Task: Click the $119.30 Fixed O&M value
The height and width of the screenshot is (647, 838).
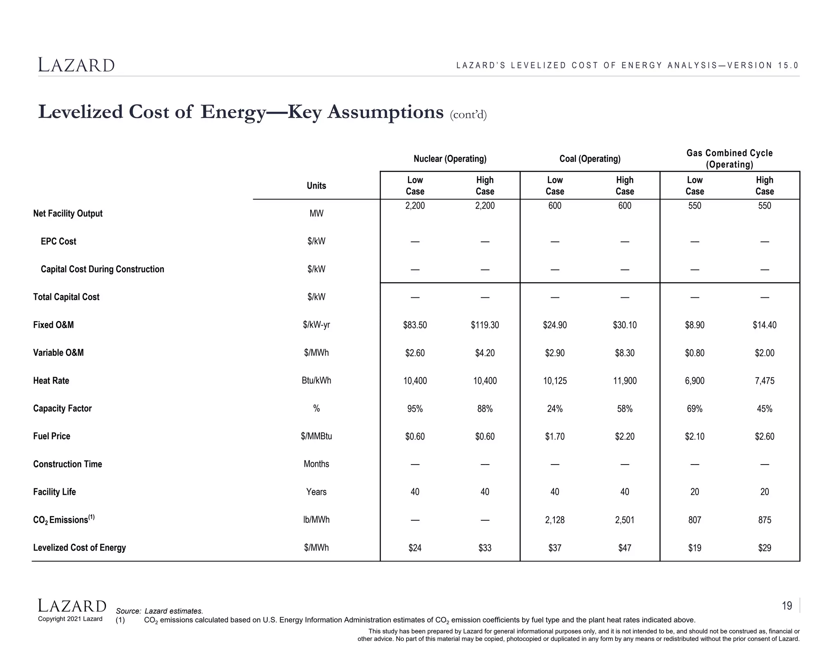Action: [x=484, y=325]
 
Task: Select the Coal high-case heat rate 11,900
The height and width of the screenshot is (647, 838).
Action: [x=624, y=381]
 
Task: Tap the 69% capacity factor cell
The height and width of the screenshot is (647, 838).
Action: [x=694, y=409]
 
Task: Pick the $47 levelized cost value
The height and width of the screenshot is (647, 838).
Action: [x=624, y=548]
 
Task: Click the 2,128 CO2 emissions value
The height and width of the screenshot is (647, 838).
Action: [x=554, y=520]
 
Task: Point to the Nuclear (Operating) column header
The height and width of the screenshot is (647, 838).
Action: [x=450, y=159]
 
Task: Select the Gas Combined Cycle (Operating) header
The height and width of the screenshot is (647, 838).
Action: [x=729, y=159]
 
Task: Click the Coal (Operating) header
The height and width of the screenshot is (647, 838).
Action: [x=590, y=159]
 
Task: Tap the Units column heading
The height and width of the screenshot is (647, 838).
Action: [x=316, y=186]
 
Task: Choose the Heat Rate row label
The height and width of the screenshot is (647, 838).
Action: [x=51, y=381]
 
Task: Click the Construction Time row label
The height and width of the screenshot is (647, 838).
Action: [x=68, y=464]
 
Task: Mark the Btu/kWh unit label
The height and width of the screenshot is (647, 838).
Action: [x=316, y=381]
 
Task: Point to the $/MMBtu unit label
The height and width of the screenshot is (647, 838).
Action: [x=316, y=436]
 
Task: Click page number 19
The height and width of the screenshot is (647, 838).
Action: [x=786, y=606]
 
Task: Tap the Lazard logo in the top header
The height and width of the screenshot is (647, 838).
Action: [x=77, y=65]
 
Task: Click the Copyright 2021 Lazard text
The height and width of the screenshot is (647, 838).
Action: [x=70, y=619]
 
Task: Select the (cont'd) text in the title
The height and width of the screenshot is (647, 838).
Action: [x=468, y=115]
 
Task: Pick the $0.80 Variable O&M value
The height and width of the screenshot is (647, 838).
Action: [x=694, y=353]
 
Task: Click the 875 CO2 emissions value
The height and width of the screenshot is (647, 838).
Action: [x=764, y=520]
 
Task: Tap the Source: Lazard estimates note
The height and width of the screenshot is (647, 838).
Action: [x=160, y=611]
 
